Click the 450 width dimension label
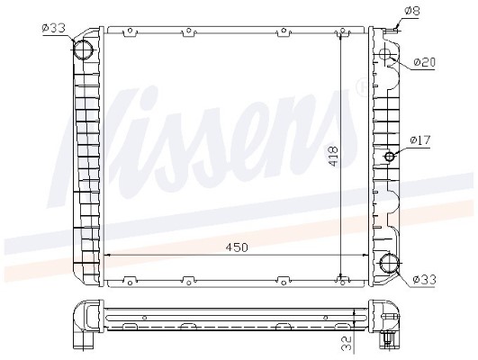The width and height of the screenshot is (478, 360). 237,247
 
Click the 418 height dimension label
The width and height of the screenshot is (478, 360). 332,157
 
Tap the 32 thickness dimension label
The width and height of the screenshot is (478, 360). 347,343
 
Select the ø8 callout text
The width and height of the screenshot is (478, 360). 413,11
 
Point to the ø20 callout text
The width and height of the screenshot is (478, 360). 425,62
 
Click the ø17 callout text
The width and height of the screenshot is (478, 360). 420,140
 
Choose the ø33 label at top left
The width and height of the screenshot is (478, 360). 53,28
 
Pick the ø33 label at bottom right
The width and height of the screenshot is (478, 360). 425,279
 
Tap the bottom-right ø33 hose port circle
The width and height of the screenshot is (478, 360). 389,262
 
